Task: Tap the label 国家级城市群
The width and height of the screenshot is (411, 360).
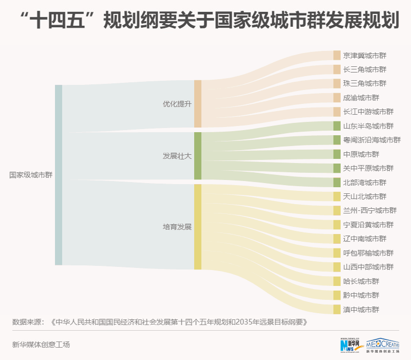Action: (31, 175)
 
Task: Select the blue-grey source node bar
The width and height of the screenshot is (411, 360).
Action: (59, 175)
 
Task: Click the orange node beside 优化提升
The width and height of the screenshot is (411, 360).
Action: (198, 103)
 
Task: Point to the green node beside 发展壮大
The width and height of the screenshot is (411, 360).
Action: (198, 156)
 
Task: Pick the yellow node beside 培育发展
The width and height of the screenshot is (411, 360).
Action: (198, 226)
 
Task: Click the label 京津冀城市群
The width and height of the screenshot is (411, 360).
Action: (364, 55)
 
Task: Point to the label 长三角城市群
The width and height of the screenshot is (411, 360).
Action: (364, 69)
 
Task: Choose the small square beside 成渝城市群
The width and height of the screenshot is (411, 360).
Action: (337, 98)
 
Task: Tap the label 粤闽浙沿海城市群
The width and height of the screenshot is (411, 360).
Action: (371, 140)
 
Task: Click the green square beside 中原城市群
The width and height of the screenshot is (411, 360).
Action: (337, 154)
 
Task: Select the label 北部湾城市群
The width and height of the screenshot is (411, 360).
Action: (364, 183)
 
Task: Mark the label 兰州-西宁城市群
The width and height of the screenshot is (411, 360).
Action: (370, 211)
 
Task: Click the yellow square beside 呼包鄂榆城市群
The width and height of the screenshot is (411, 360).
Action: (337, 253)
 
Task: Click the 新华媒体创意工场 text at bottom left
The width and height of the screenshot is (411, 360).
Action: (41, 345)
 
